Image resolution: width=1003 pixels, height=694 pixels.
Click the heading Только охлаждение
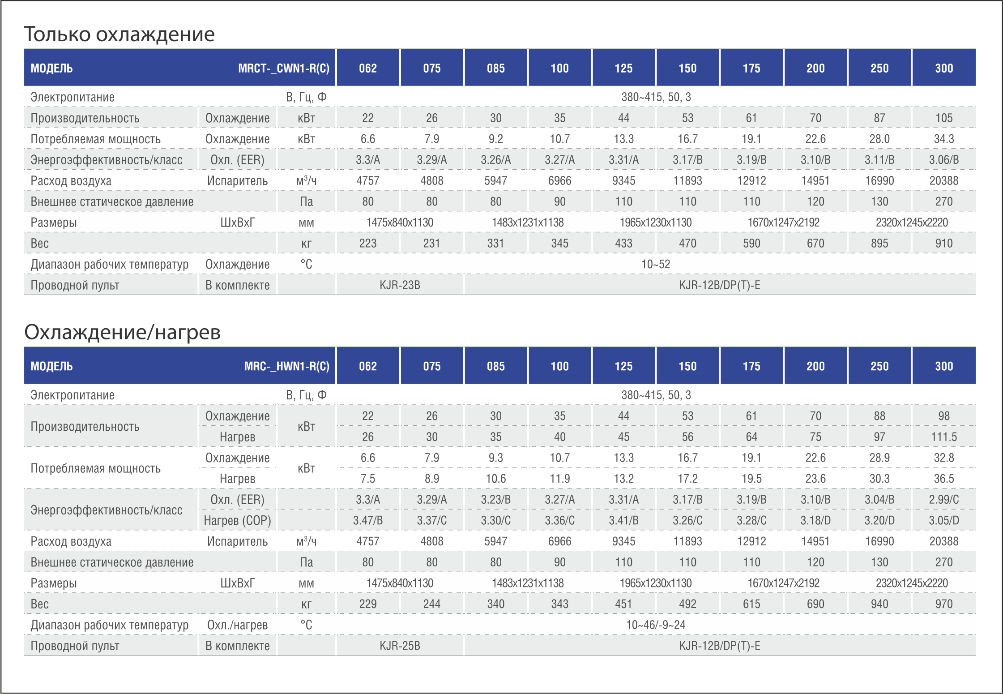point(120,34)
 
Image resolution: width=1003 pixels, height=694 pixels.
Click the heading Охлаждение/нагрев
point(122,332)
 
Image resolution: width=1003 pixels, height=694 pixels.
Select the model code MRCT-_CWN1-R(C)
point(284,68)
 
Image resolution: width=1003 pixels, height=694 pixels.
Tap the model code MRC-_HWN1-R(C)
point(287,366)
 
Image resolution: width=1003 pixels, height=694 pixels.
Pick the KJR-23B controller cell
point(400,285)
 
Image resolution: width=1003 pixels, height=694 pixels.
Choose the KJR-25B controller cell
point(400,646)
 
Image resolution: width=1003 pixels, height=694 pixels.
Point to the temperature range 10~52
point(656,264)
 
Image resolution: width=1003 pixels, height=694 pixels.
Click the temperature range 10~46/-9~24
point(656,625)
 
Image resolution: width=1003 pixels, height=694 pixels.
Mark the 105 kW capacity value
point(944,118)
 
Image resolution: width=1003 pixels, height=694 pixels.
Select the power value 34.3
point(944,139)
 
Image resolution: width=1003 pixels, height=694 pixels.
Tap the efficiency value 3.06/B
point(944,160)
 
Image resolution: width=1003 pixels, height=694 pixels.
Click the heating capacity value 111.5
point(944,437)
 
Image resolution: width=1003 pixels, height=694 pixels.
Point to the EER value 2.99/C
point(944,499)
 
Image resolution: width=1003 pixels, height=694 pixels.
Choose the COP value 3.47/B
point(368,520)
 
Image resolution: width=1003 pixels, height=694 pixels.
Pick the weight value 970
point(944,604)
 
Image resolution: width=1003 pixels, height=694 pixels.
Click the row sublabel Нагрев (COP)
point(238,520)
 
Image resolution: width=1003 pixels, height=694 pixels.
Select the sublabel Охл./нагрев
point(238,625)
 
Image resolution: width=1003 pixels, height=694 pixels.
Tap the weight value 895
point(879,243)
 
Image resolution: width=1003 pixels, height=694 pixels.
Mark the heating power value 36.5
point(944,479)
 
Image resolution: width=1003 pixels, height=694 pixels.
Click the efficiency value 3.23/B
point(496,499)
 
